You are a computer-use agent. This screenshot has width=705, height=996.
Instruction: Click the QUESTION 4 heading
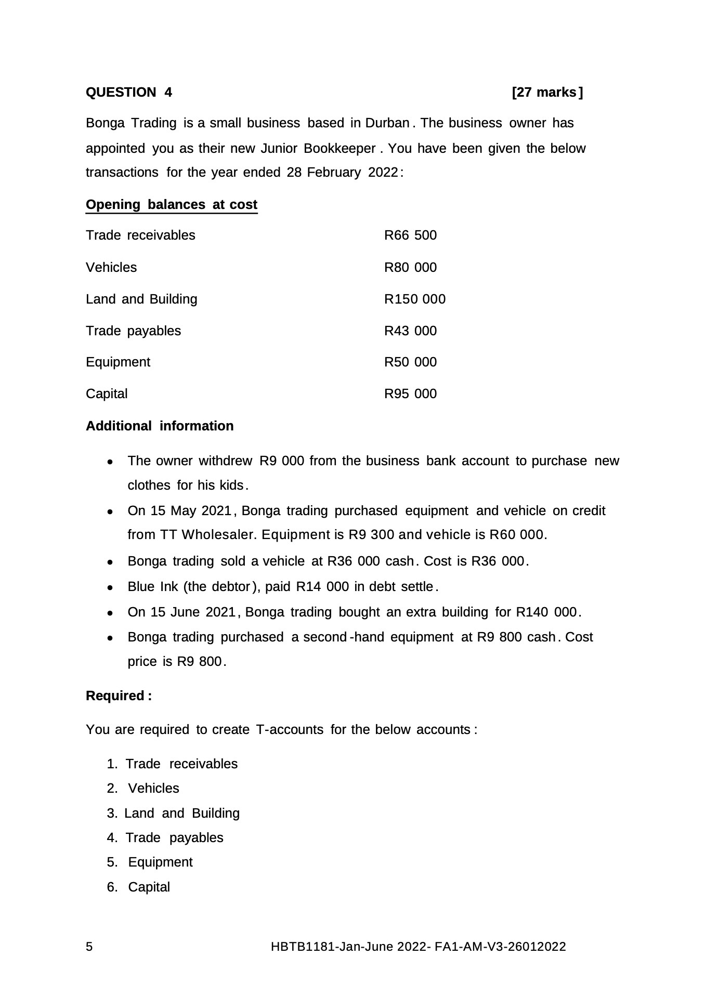click(x=128, y=93)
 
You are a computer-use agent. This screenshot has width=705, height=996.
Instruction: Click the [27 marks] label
click(x=547, y=93)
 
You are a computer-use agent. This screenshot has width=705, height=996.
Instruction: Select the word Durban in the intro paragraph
click(x=387, y=123)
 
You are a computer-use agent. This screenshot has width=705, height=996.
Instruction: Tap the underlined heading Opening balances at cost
click(x=171, y=205)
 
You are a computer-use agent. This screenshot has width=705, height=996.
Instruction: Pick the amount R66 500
click(x=410, y=235)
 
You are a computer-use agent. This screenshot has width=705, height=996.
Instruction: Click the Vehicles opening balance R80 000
click(x=410, y=268)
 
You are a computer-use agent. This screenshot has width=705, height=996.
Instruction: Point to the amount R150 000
click(x=414, y=299)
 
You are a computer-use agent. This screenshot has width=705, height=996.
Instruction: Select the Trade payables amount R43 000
click(x=410, y=331)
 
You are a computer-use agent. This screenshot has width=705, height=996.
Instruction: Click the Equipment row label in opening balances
click(x=118, y=362)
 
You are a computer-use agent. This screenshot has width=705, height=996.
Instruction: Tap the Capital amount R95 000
click(x=410, y=394)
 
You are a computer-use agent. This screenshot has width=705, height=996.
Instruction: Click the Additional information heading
click(x=160, y=426)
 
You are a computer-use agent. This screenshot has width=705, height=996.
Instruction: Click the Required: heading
click(x=119, y=696)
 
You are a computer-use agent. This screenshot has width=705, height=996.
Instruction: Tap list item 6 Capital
click(x=149, y=887)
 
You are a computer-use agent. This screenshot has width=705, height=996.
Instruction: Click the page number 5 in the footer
click(x=89, y=947)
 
